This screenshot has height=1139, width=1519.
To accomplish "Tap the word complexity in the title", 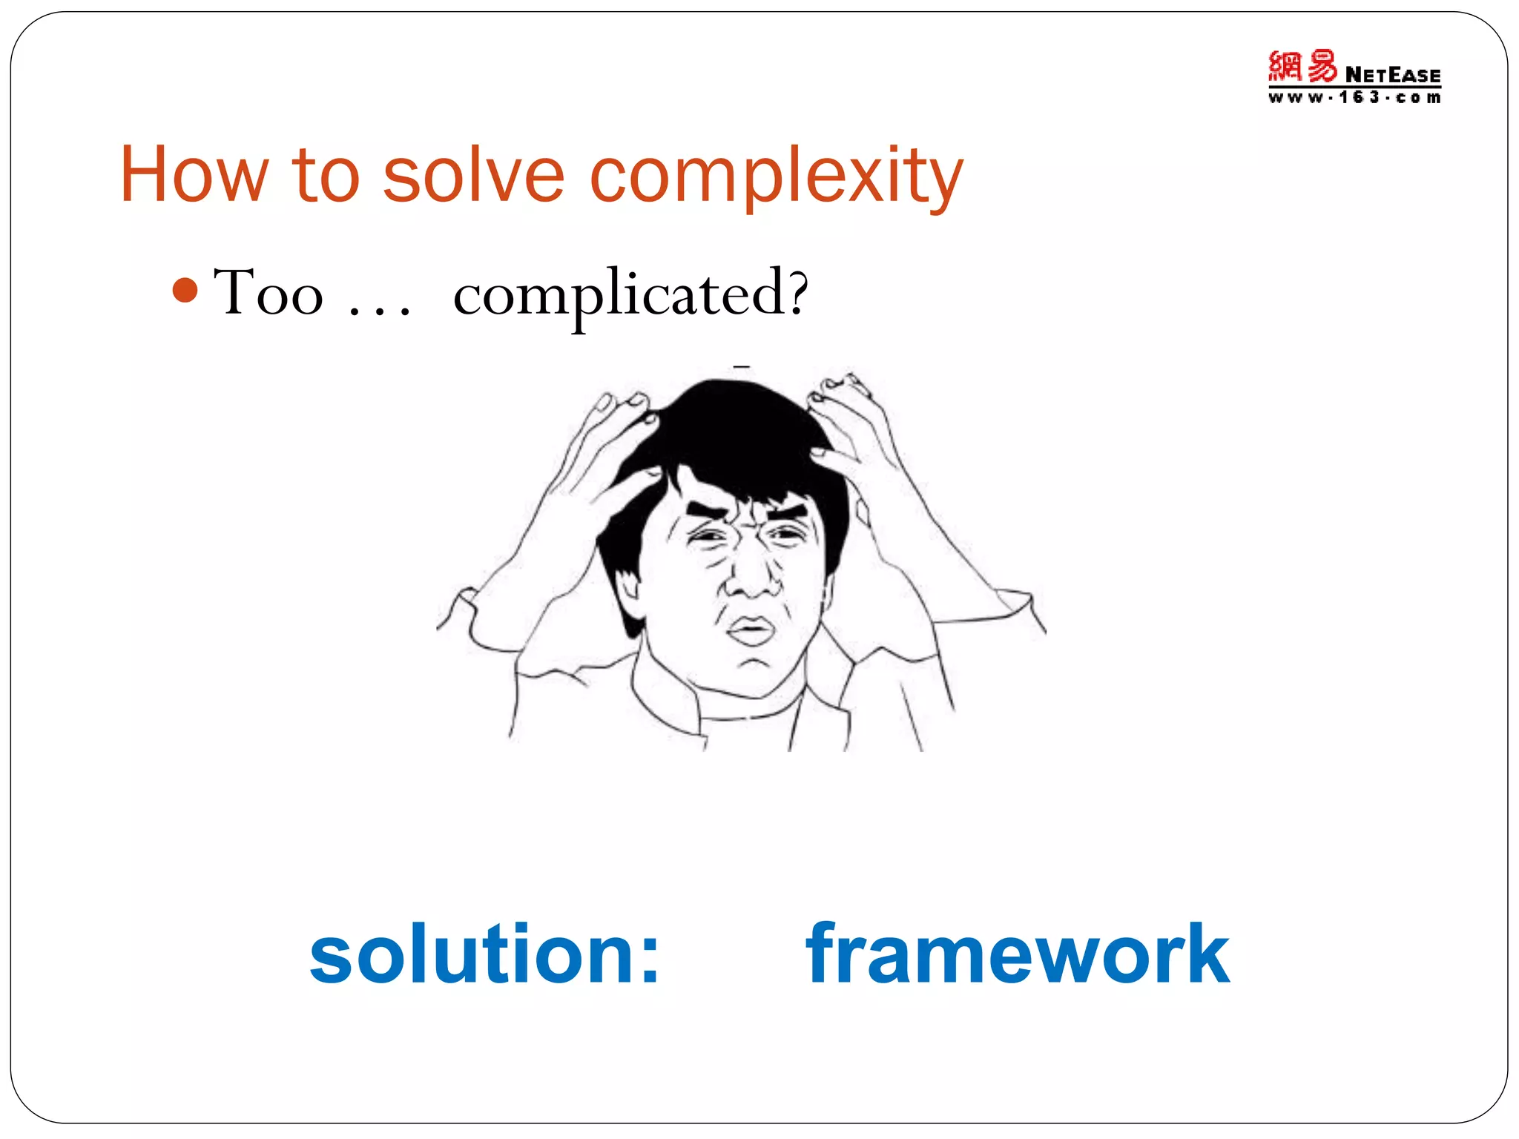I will coord(776,178).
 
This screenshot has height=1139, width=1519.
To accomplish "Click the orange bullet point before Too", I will coord(185,290).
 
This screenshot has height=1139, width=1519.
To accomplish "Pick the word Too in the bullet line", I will coord(268,293).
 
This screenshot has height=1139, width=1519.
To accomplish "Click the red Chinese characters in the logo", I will coord(1302,67).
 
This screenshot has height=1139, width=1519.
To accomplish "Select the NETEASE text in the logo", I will coord(1393,76).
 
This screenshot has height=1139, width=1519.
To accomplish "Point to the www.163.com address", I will coord(1354,98).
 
